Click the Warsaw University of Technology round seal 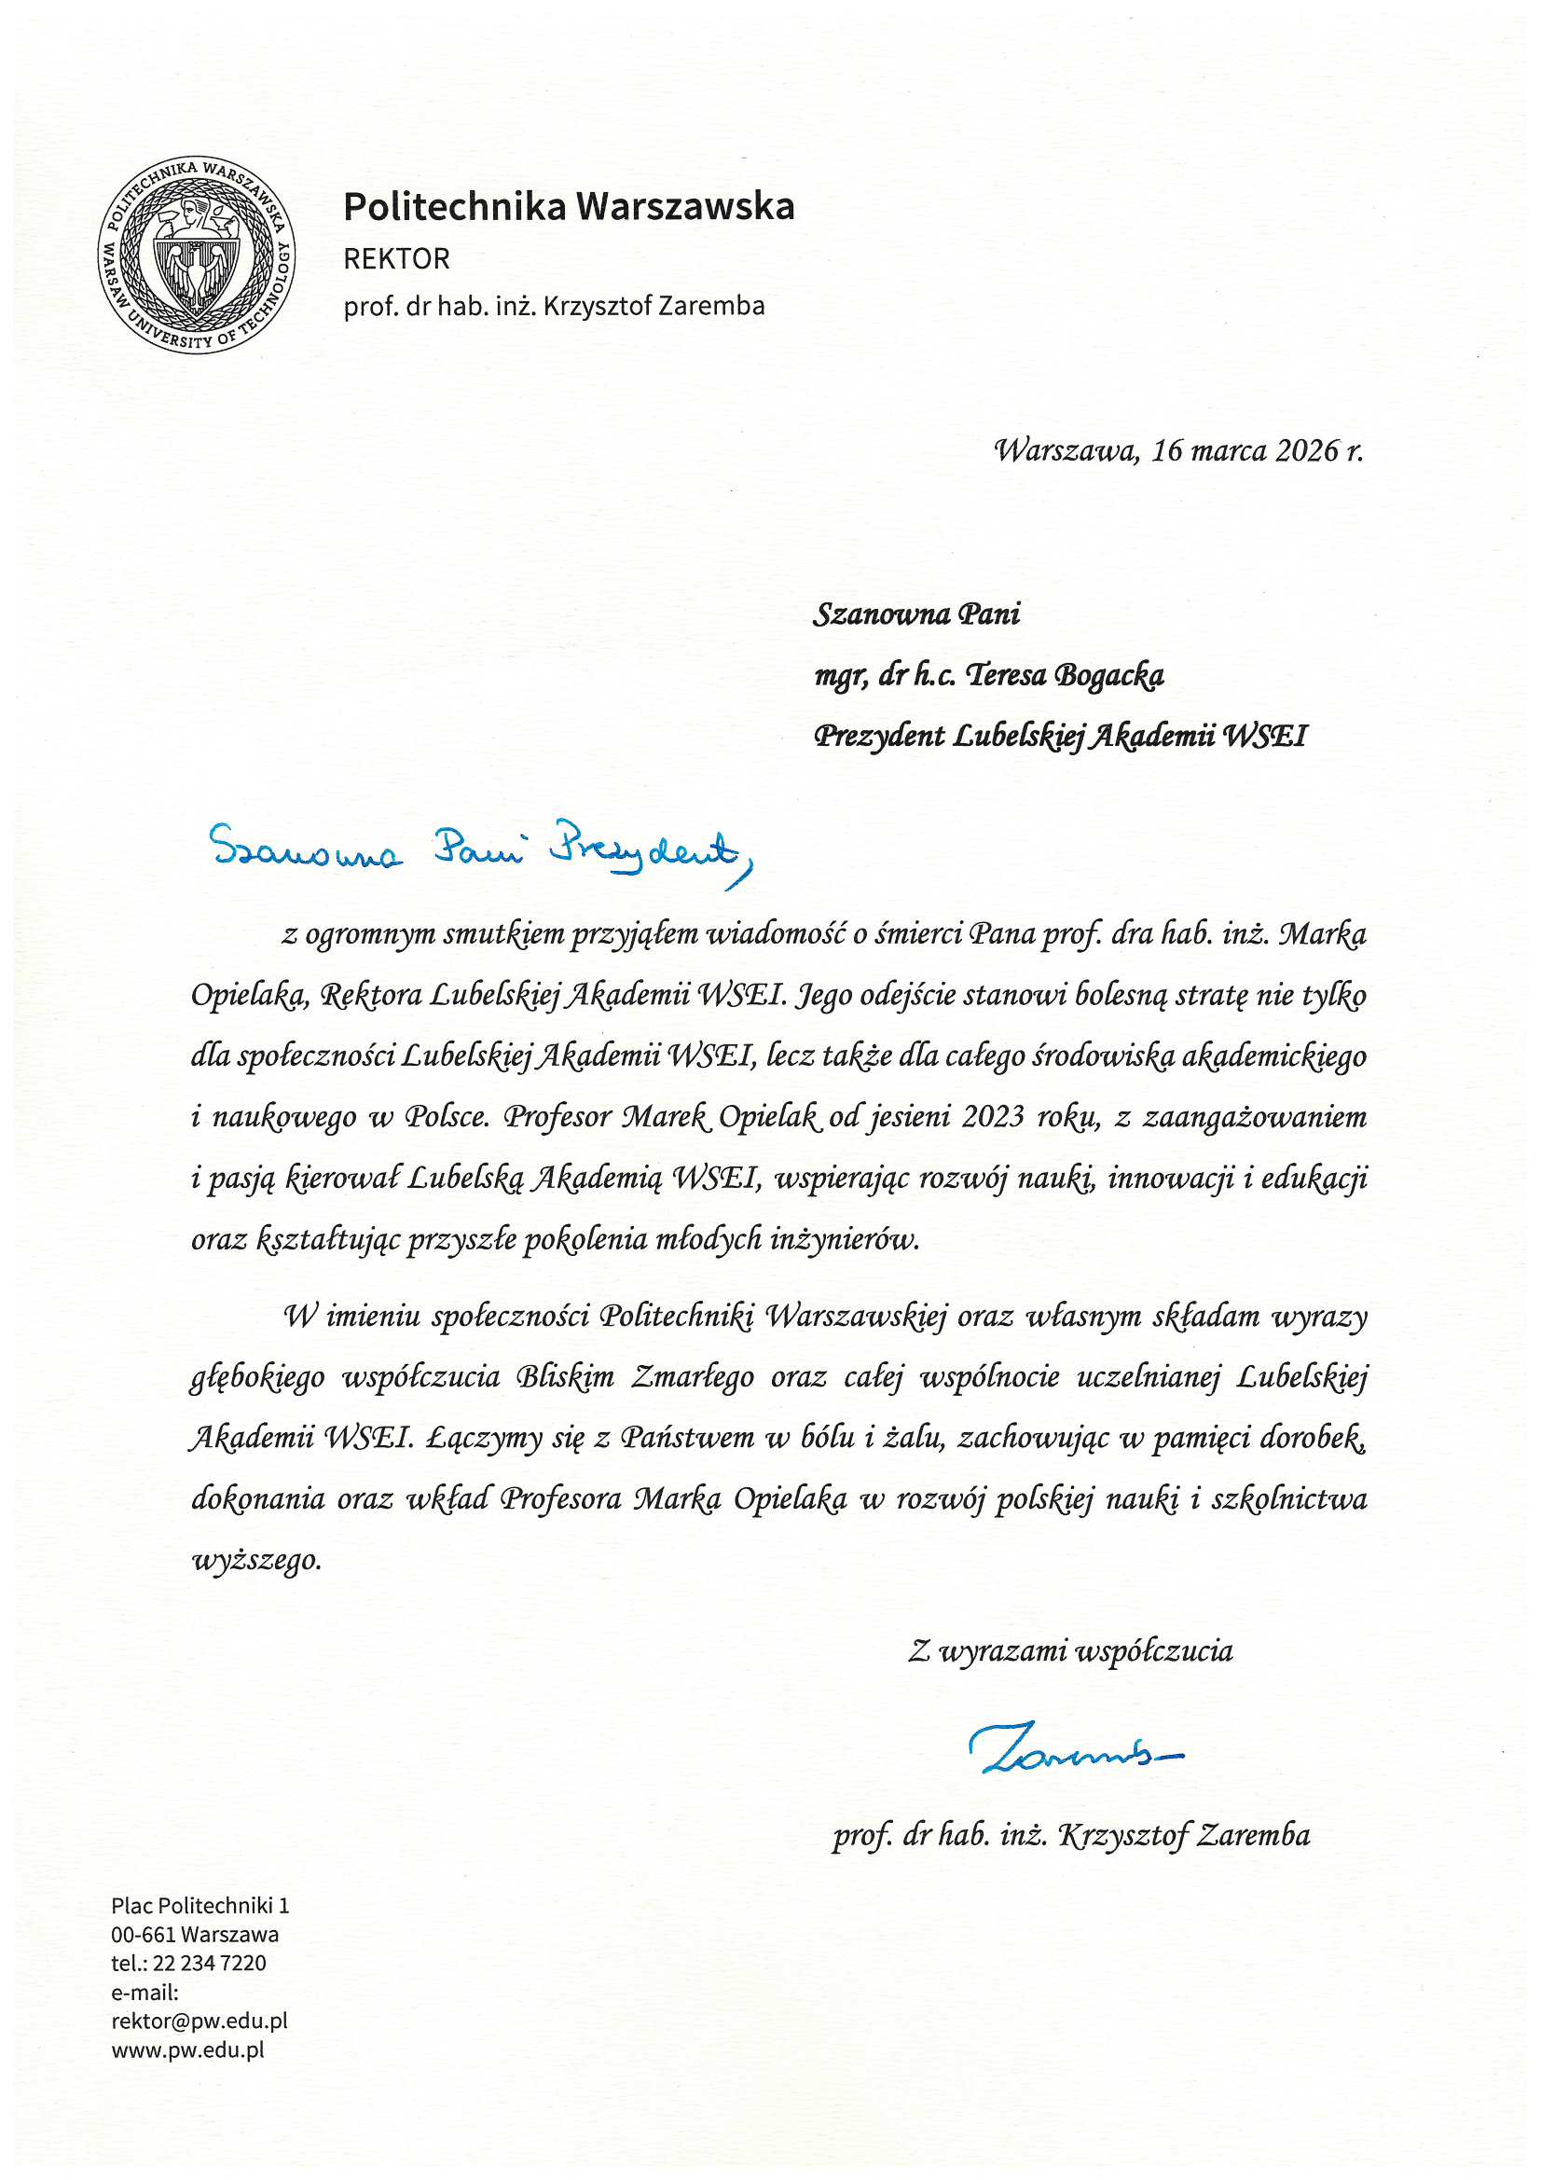197,255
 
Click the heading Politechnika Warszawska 568,206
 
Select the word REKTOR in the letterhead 396,258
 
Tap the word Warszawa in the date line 1065,450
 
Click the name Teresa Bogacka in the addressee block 1065,675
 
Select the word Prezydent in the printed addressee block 879,736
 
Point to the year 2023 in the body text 992,1117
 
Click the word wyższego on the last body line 256,1560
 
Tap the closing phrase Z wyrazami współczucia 1070,1651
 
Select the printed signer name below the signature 1071,1834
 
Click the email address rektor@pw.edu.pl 200,2021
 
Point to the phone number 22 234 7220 209,1963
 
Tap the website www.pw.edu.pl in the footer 188,2049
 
